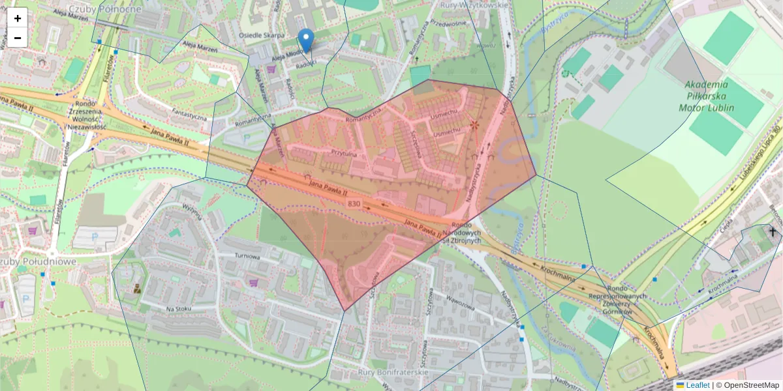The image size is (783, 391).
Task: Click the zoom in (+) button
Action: [18, 18]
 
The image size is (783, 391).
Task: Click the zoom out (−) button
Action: [18, 38]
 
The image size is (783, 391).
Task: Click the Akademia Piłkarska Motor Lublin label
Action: [715, 96]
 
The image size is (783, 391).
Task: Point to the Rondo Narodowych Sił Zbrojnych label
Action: [461, 237]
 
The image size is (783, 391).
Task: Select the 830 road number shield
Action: [354, 204]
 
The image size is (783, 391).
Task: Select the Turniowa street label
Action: [247, 256]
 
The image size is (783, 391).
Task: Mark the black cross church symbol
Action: [773, 231]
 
